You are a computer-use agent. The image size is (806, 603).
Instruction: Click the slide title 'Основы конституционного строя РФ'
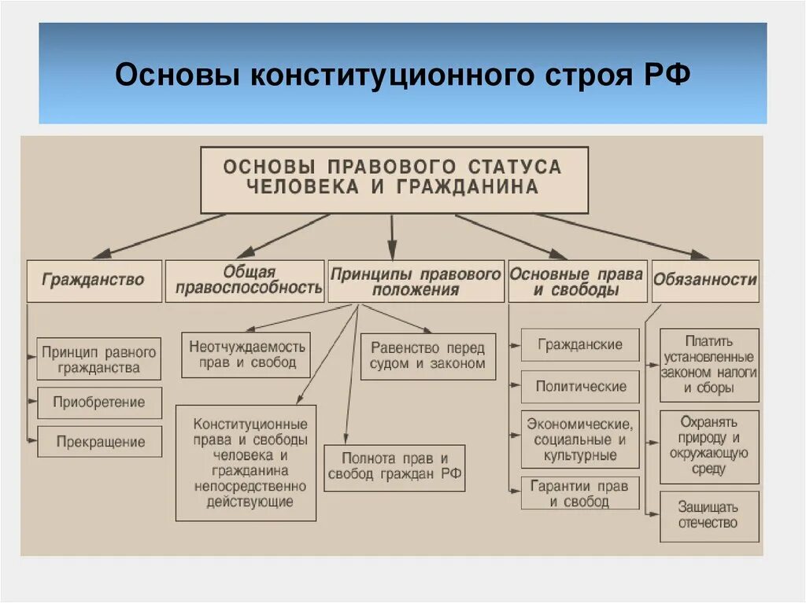point(402,76)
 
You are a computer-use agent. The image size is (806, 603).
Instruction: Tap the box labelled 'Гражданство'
point(94,280)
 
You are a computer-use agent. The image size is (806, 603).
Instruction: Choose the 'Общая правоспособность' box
point(245,280)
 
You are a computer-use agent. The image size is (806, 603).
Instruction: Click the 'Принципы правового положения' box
point(416,281)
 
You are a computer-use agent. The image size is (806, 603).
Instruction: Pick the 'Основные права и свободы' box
point(577,281)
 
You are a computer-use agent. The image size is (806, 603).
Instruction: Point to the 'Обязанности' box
point(705,280)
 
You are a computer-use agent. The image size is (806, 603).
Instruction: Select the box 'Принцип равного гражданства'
point(99,359)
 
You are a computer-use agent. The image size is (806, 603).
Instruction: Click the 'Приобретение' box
point(99,403)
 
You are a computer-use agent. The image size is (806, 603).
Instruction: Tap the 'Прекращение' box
point(99,442)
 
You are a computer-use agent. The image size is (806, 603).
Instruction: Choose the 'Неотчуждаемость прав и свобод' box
point(246,355)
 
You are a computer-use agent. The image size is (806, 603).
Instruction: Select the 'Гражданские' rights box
point(580,344)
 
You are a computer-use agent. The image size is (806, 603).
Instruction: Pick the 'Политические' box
point(580,386)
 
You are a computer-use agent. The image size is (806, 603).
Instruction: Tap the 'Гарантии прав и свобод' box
point(580,493)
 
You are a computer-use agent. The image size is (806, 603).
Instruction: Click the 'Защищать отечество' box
point(708,516)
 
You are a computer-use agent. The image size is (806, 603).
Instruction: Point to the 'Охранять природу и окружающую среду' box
point(708,447)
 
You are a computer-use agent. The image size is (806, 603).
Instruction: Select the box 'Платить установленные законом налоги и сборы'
point(708,365)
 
